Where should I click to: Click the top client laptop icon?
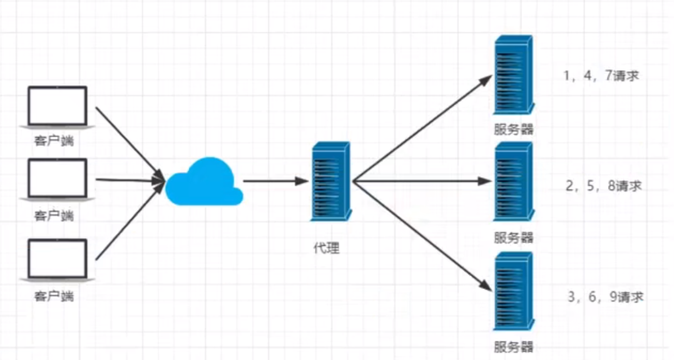coord(56,107)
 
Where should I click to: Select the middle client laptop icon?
coord(56,178)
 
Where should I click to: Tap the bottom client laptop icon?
coord(56,259)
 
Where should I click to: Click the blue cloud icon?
coord(203,182)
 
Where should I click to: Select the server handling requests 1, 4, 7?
coord(513,78)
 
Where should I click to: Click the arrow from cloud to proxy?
coord(275,182)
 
